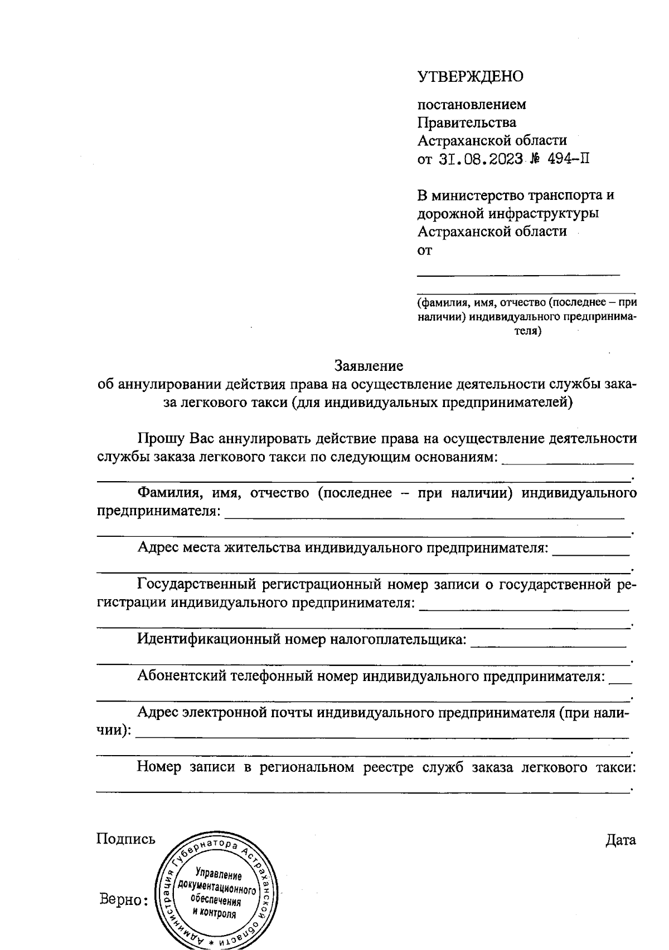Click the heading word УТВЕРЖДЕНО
point(471,76)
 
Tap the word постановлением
point(472,105)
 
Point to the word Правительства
point(467,123)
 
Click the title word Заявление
point(369,366)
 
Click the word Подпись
point(126,839)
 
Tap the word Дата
point(620,840)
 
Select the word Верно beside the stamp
point(119,899)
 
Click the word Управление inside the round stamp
point(216,873)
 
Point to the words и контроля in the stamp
point(214,914)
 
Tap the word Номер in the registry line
point(159,767)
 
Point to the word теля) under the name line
point(527,331)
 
